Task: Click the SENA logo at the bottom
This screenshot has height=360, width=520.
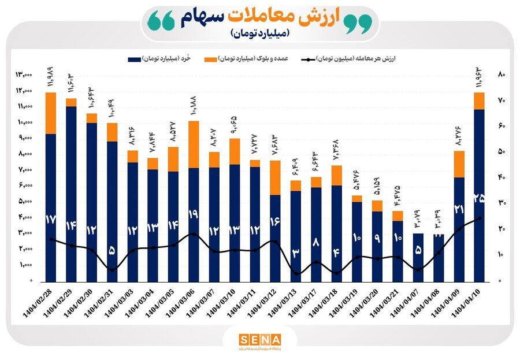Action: [x=259, y=339]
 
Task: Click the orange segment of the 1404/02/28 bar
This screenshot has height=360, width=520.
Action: [x=51, y=113]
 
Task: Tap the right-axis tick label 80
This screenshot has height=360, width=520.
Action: [x=502, y=75]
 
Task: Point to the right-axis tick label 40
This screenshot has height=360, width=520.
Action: [x=502, y=177]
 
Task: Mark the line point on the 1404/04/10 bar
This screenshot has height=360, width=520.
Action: [x=479, y=218]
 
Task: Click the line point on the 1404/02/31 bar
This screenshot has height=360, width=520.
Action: [x=112, y=270]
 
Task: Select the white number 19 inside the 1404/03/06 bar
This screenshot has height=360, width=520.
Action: [x=194, y=214]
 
